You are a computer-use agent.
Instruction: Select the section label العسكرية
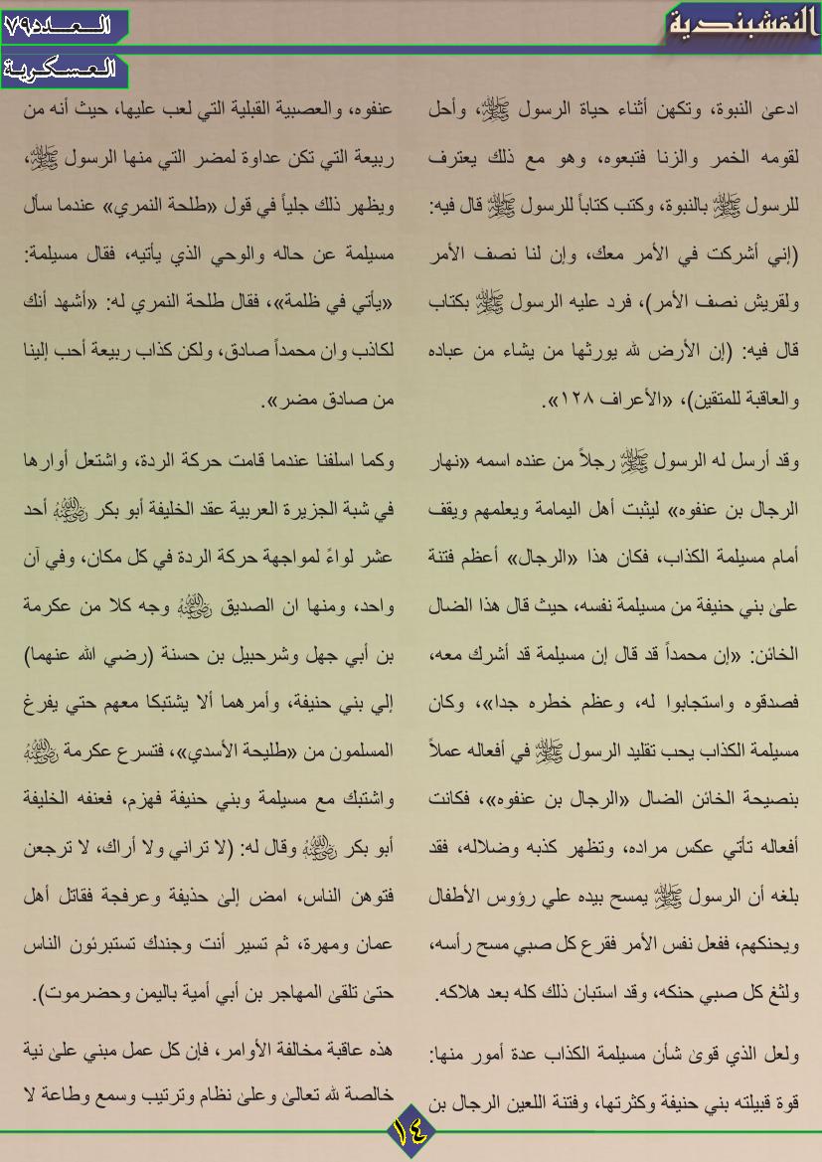pos(63,71)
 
